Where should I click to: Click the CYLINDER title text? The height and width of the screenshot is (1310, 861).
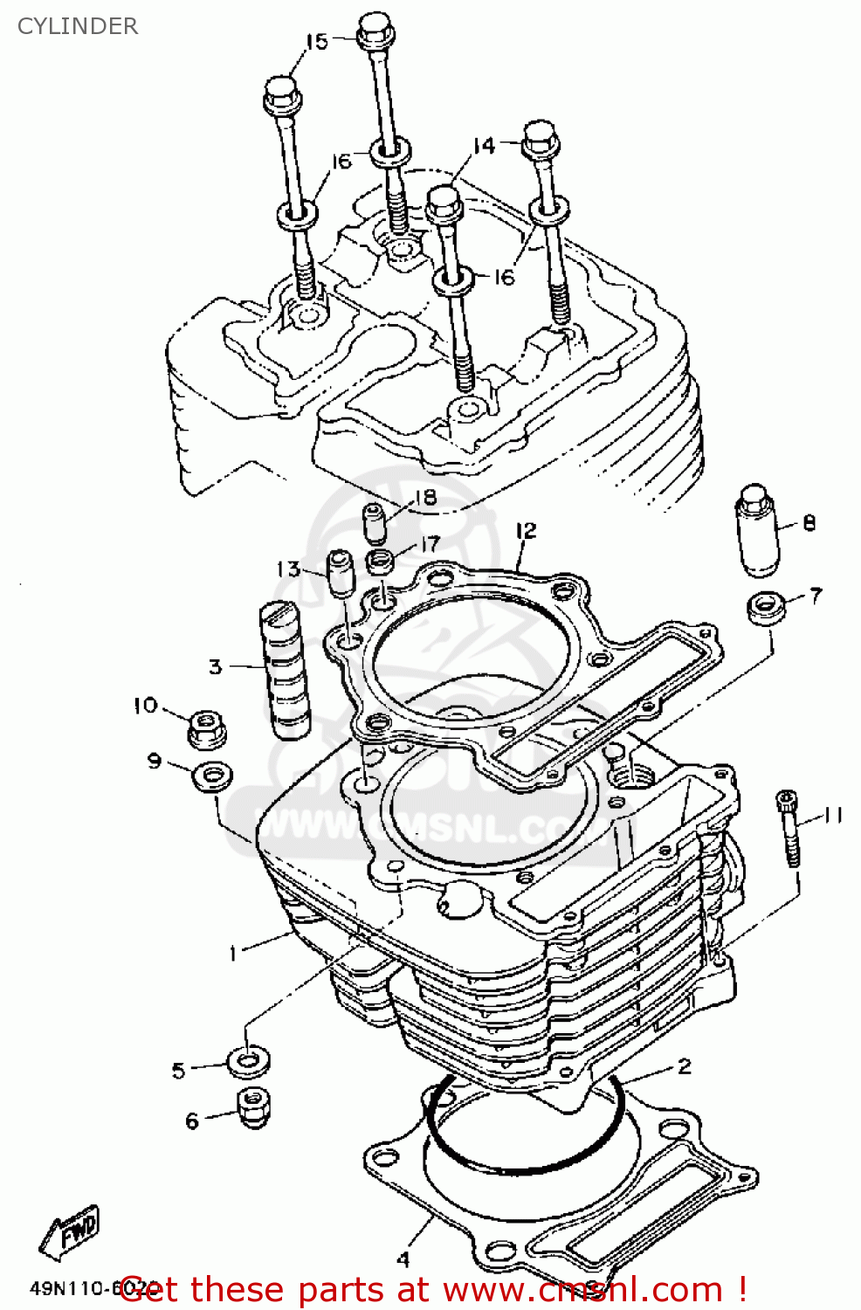(x=78, y=26)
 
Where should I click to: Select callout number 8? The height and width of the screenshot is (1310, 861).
(x=809, y=523)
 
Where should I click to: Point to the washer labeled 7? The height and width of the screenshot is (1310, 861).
(x=766, y=606)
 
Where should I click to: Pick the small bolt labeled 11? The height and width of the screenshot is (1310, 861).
(x=789, y=826)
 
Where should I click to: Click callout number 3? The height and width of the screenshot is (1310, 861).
(x=215, y=667)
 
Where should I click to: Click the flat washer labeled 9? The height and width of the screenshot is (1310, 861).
(x=211, y=776)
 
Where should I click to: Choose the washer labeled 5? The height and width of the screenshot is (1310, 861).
(x=248, y=1061)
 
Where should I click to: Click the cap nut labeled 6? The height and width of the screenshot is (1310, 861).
(x=252, y=1107)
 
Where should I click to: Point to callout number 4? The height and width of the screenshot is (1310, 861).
(x=403, y=1258)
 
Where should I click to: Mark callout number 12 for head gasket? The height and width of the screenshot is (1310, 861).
(x=525, y=531)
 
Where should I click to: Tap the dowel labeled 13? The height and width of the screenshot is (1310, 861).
(x=340, y=573)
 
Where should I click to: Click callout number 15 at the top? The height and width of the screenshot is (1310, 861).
(x=316, y=41)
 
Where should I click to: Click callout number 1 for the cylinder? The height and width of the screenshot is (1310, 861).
(x=233, y=953)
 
